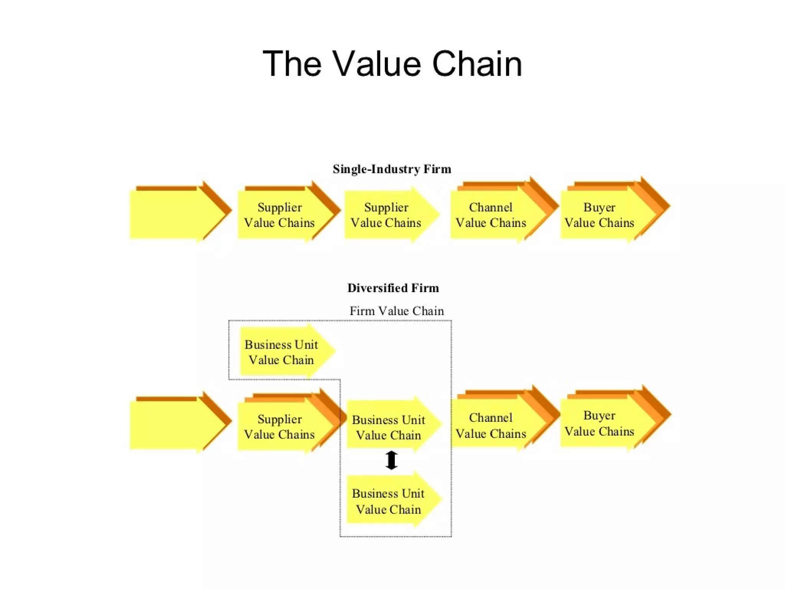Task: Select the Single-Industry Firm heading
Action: click(x=392, y=169)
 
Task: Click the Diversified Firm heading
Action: click(x=393, y=288)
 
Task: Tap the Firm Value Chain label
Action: click(x=397, y=311)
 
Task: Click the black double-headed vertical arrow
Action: click(x=391, y=460)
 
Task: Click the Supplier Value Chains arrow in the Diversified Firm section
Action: click(x=280, y=426)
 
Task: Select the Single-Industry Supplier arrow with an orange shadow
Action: click(x=280, y=215)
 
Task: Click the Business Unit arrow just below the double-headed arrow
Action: click(x=389, y=501)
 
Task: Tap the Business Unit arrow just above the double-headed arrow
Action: click(x=389, y=427)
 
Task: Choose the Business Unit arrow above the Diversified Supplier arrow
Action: click(x=282, y=352)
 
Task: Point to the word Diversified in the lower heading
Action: click(x=377, y=288)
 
